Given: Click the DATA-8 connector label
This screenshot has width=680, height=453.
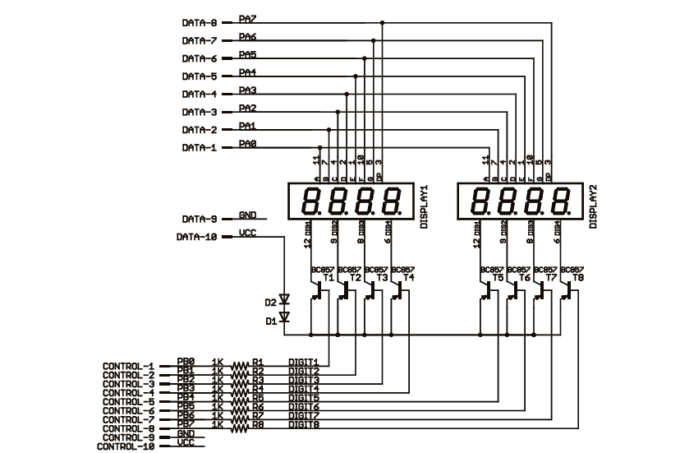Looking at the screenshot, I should [199, 23].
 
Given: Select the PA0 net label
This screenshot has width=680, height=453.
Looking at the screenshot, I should [247, 144].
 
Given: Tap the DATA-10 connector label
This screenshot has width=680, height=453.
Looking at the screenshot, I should [196, 238].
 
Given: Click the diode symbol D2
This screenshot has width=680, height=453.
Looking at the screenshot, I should [285, 301].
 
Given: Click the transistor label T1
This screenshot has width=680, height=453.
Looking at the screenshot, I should [329, 278].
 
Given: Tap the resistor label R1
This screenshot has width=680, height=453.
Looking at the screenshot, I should [257, 362].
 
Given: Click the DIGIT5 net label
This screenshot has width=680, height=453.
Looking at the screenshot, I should [303, 399].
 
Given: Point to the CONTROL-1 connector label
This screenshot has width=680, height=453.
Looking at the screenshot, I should [128, 366].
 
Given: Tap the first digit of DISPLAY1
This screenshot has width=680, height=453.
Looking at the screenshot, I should [312, 201].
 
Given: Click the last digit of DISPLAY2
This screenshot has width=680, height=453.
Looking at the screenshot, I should [563, 201].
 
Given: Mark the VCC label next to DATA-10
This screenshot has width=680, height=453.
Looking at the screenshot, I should [247, 233].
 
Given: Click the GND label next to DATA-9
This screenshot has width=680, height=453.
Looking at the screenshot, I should [247, 215].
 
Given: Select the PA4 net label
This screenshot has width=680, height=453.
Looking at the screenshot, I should [247, 72].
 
